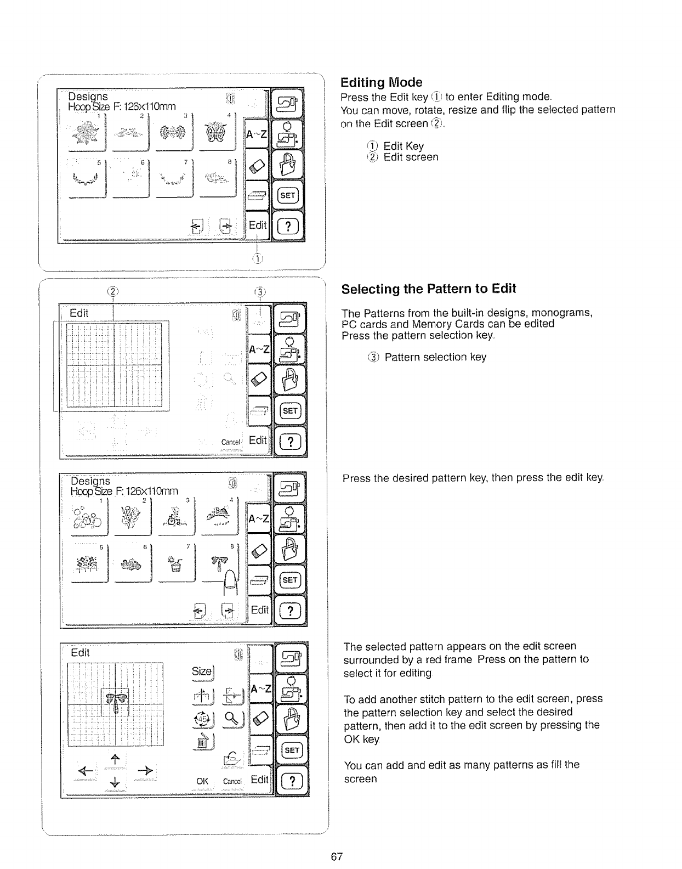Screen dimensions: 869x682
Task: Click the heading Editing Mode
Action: [381, 82]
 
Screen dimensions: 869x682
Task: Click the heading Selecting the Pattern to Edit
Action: [428, 289]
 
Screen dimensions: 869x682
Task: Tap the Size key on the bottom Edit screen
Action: [201, 671]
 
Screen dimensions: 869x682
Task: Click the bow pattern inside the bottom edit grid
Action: [116, 699]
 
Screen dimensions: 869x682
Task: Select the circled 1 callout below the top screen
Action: [257, 258]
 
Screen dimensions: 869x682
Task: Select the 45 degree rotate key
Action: [201, 718]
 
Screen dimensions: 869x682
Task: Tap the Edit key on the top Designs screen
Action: [257, 225]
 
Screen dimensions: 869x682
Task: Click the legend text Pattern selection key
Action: [435, 357]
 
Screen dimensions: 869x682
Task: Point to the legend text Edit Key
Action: [403, 146]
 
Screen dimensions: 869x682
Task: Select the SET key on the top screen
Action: [288, 195]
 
